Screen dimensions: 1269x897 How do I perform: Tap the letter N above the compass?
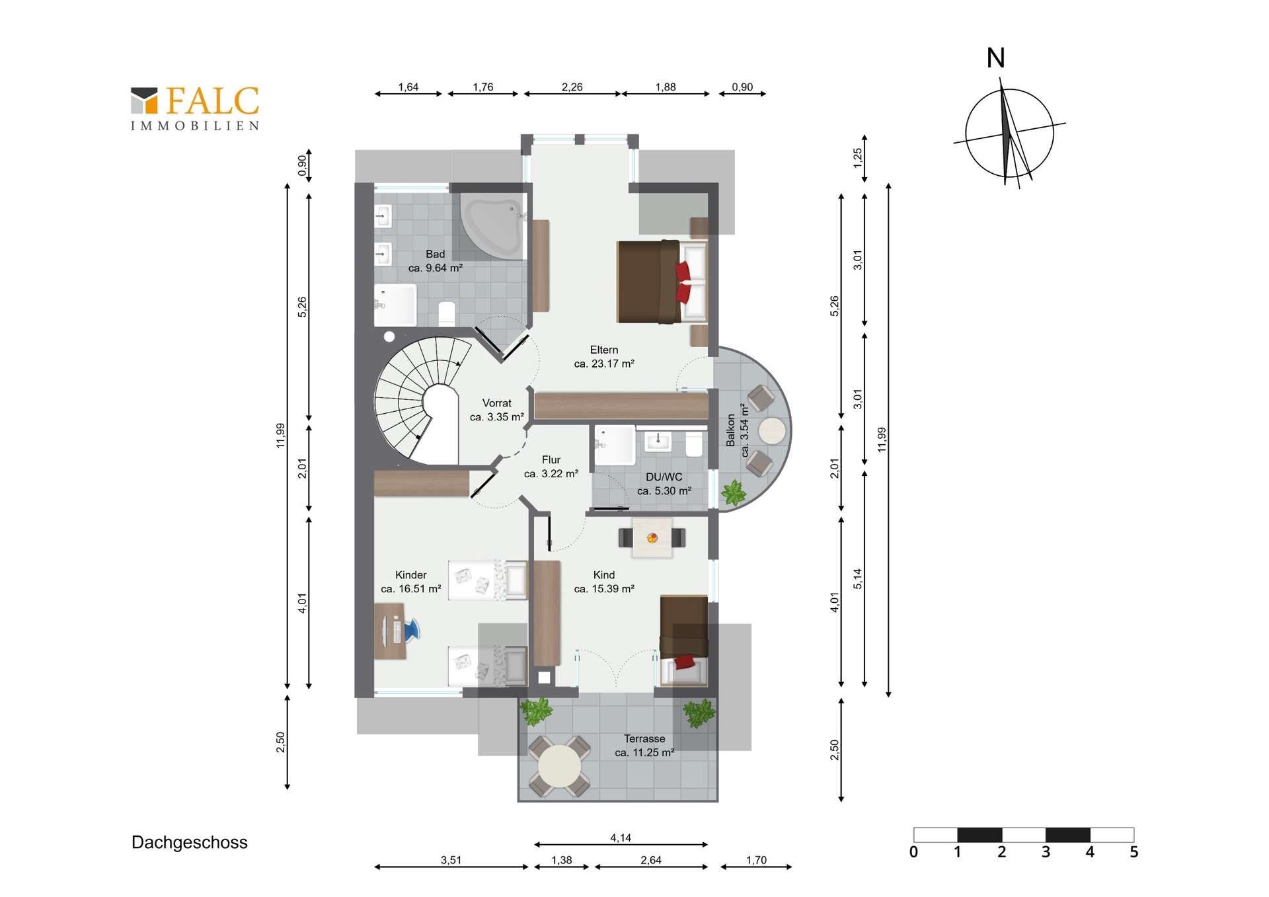tap(995, 58)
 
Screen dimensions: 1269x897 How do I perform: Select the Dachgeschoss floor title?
tap(190, 842)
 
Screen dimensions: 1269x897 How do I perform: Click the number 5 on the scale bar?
tap(1134, 852)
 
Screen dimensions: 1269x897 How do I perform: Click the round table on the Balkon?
tap(772, 431)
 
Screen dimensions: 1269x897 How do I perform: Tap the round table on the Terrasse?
tap(559, 766)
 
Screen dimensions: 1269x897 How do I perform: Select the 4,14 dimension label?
tap(621, 838)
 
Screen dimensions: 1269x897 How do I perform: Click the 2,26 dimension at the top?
tap(572, 87)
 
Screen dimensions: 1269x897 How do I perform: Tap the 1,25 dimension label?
tap(857, 157)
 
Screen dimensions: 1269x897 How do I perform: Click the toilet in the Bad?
tap(447, 313)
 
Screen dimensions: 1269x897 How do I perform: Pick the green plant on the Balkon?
tap(733, 492)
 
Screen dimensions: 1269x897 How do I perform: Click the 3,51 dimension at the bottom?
tap(451, 860)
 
